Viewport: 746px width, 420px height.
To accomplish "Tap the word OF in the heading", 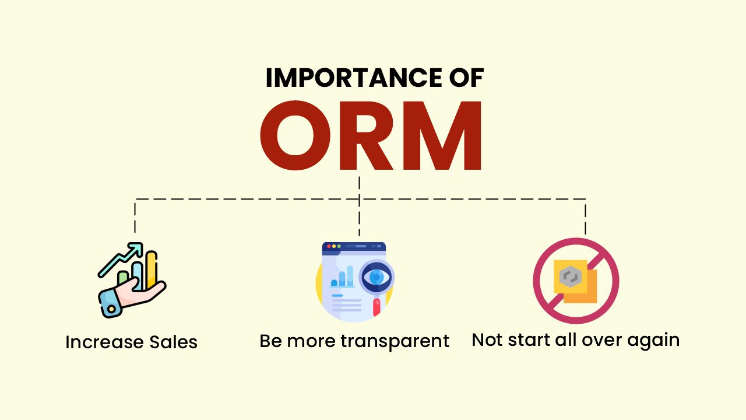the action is click(x=467, y=78).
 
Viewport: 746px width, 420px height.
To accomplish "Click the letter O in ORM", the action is click(x=295, y=135).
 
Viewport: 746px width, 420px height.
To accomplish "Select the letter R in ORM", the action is click(x=365, y=135).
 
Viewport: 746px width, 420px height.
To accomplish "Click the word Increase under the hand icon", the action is click(x=104, y=342).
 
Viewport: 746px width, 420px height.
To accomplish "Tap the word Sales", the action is click(x=173, y=342).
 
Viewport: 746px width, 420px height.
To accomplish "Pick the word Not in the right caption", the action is click(x=487, y=340).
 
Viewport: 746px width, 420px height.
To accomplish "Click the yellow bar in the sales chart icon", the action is click(x=152, y=269).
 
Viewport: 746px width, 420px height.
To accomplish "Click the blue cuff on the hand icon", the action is click(x=108, y=304).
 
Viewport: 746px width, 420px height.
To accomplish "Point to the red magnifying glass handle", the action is click(x=376, y=307).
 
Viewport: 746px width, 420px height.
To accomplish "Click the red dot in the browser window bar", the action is click(x=329, y=246).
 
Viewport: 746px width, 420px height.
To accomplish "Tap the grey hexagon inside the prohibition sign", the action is click(x=570, y=276).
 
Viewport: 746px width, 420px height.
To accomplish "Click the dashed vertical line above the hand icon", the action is click(x=135, y=216).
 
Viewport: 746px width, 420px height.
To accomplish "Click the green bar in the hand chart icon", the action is click(x=123, y=278).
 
